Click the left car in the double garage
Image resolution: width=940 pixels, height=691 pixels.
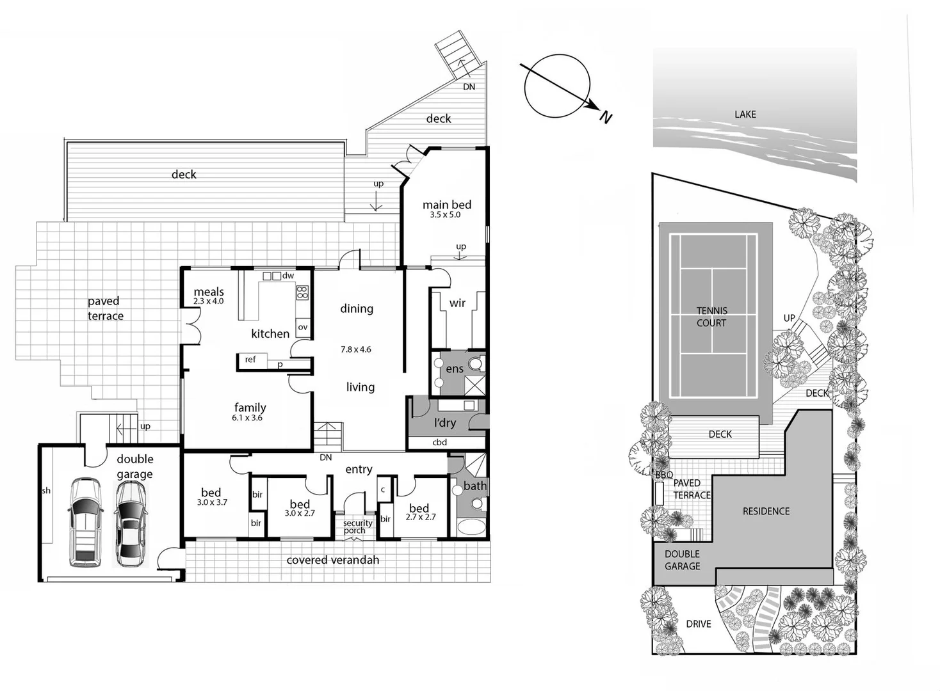click(x=85, y=522)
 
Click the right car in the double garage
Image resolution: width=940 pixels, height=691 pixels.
click(x=130, y=523)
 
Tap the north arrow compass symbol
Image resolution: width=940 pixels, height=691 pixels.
click(x=557, y=86)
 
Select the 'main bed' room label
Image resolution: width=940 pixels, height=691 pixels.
click(x=446, y=205)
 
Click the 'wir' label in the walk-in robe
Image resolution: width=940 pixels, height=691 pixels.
click(x=457, y=303)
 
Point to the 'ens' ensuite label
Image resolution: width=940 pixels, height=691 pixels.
click(x=455, y=369)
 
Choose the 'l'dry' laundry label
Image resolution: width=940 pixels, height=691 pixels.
click(x=445, y=422)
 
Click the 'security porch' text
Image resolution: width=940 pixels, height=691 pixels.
click(x=357, y=527)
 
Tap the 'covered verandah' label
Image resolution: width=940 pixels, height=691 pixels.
click(x=332, y=560)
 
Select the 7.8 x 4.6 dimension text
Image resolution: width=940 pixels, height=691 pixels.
click(x=355, y=349)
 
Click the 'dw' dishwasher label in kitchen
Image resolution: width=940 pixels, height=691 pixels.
click(x=288, y=276)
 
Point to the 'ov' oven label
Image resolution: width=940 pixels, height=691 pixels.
click(x=303, y=327)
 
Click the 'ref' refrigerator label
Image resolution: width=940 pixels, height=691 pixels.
click(x=250, y=360)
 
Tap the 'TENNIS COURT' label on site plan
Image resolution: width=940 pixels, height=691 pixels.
click(x=711, y=317)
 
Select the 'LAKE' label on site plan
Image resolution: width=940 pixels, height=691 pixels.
click(x=745, y=115)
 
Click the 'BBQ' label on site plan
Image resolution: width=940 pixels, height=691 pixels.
click(x=664, y=475)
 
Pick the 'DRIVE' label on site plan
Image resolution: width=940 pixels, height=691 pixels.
click(x=698, y=624)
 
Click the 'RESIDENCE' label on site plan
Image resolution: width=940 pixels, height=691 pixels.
click(x=766, y=511)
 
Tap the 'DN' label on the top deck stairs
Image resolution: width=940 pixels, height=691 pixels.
click(x=469, y=87)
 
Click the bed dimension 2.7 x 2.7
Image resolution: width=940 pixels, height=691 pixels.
click(x=420, y=518)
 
